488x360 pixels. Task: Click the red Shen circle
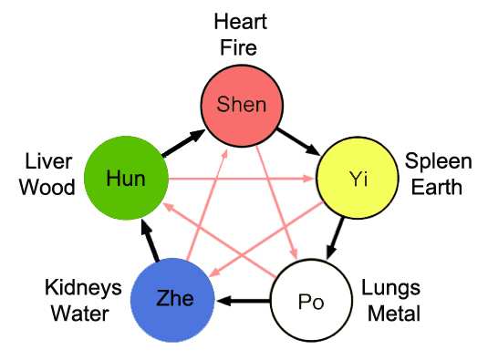point(241,105)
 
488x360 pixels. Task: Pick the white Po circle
point(312,301)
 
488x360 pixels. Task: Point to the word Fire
point(241,46)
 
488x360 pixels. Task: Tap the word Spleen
point(439,162)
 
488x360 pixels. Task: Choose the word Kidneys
point(83,289)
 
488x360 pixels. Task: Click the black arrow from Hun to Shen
point(182,144)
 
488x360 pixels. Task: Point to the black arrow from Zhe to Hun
point(146,239)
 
